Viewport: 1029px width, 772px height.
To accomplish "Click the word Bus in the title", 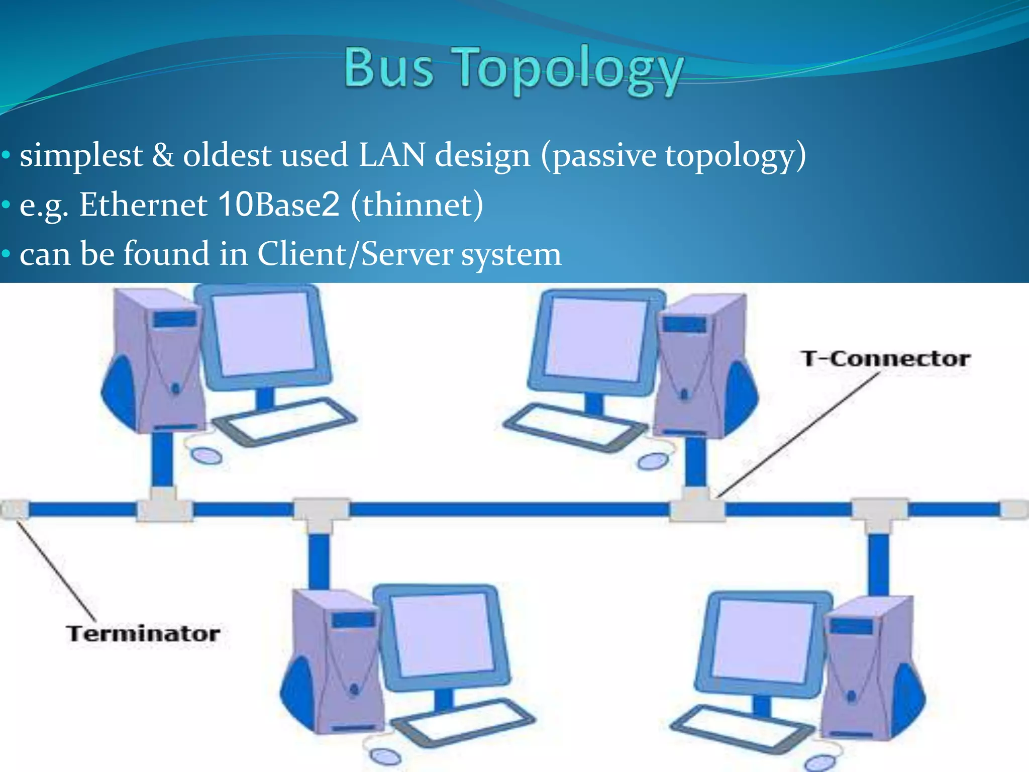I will click(389, 68).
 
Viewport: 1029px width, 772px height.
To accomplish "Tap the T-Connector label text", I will click(885, 359).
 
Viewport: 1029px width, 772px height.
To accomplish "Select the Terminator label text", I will click(143, 633).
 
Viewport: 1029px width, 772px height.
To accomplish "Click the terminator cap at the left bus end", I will click(14, 509).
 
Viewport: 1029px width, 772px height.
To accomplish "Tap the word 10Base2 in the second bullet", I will click(279, 205).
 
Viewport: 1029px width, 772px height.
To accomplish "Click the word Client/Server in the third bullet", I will click(355, 254).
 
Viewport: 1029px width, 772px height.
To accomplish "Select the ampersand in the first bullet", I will click(163, 155).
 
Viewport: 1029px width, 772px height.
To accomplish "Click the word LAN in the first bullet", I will click(392, 155).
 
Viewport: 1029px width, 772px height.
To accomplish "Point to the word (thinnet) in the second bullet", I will click(417, 205).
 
